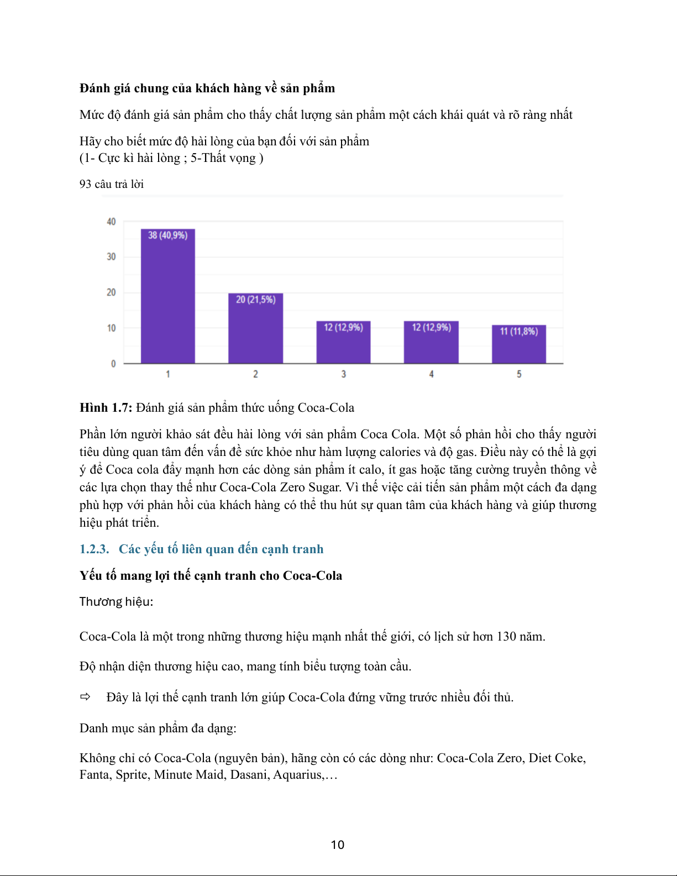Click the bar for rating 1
167,298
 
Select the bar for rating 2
255,332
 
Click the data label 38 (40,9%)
167,235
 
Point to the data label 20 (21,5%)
255,300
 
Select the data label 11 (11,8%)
519,331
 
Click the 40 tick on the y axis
111,222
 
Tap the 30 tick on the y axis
111,257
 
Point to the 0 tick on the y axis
113,364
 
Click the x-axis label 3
343,374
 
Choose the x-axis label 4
431,374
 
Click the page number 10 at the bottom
338,844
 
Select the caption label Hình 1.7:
106,408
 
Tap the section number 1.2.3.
95,549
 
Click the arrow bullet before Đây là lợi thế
86,697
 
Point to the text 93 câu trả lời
112,184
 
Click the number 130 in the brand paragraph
506,637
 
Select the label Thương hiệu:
116,601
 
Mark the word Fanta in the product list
96,775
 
